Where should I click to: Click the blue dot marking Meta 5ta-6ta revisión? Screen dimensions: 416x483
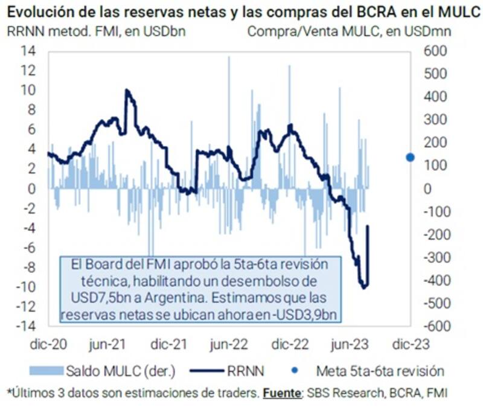[x=410, y=157]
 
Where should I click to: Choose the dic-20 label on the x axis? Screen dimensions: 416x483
[x=48, y=344]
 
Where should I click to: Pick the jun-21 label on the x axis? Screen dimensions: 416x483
[x=108, y=344]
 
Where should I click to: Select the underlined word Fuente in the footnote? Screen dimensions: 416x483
[x=282, y=392]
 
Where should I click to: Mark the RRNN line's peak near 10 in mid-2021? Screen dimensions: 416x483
[x=126, y=91]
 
